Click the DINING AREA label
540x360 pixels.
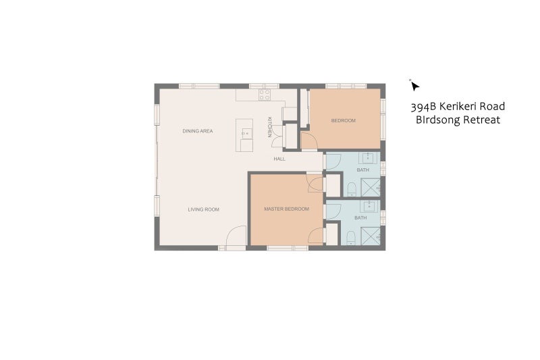(197, 131)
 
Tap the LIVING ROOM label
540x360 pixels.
(204, 209)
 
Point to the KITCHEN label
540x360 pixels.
(270, 127)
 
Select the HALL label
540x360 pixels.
(279, 159)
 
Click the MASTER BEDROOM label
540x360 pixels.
(286, 209)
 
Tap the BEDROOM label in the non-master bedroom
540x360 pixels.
(343, 121)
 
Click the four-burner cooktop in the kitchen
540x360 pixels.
(265, 95)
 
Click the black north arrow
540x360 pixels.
(414, 86)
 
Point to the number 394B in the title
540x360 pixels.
(421, 107)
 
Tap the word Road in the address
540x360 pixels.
(493, 106)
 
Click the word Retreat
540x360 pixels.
(481, 120)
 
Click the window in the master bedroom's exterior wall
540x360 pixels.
(288, 248)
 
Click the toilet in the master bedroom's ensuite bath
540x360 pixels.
(350, 238)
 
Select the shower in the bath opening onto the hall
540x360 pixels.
(370, 188)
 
